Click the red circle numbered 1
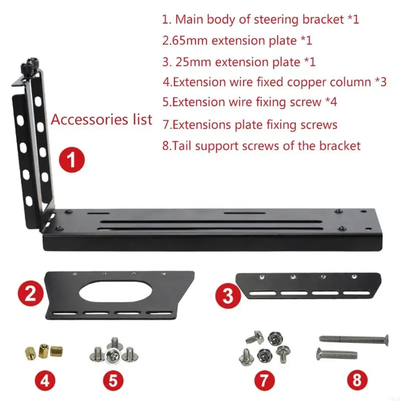tap(71, 160)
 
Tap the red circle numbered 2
tap(31, 293)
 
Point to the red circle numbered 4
tap(45, 380)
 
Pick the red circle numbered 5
tap(113, 380)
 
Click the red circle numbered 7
tap(264, 380)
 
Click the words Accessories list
tap(102, 120)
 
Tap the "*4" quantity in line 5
tap(330, 102)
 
